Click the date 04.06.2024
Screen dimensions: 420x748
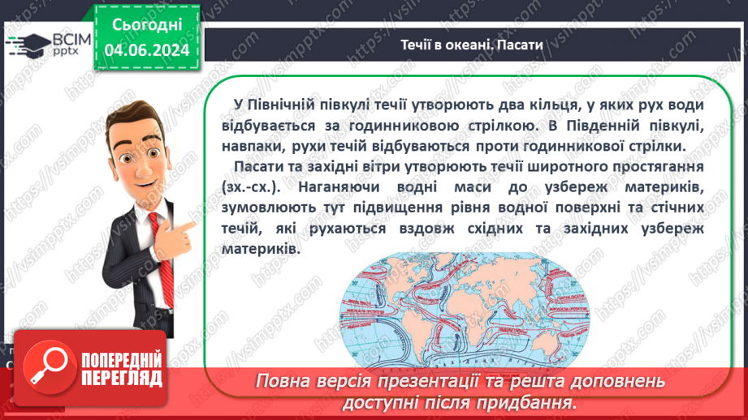(x=146, y=50)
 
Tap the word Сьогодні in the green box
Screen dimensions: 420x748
(x=146, y=25)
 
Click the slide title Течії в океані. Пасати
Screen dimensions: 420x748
(x=471, y=45)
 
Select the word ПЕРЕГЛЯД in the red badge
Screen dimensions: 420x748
(x=121, y=379)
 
